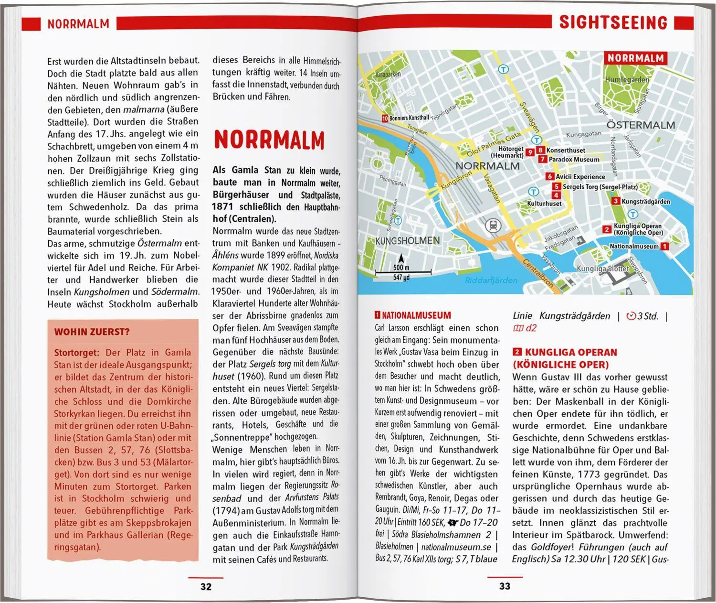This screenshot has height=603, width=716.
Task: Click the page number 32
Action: click(x=206, y=586)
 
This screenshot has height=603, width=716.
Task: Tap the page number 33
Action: click(x=505, y=586)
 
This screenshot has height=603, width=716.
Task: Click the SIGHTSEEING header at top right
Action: click(x=613, y=22)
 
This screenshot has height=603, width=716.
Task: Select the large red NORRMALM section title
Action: click(x=269, y=140)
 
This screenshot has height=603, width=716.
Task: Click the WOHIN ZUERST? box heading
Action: click(x=92, y=332)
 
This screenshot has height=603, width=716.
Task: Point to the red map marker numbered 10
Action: click(x=384, y=118)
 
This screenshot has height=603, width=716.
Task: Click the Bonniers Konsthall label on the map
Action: click(x=409, y=118)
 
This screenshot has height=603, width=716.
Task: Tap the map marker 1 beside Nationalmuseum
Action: click(x=664, y=247)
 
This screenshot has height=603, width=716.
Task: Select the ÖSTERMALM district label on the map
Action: click(x=641, y=125)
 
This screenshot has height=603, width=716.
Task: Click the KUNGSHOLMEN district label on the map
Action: click(x=408, y=240)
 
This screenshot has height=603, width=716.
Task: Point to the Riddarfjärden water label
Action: click(x=491, y=280)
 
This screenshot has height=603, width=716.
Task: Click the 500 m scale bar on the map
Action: click(x=403, y=272)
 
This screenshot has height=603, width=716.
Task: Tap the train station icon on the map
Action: click(x=491, y=225)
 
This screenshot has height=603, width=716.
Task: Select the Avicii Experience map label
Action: click(x=580, y=177)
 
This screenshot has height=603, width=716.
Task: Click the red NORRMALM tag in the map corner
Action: click(x=635, y=58)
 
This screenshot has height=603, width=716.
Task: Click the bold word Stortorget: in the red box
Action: click(x=76, y=353)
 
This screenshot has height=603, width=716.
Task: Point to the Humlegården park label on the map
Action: click(x=627, y=80)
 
